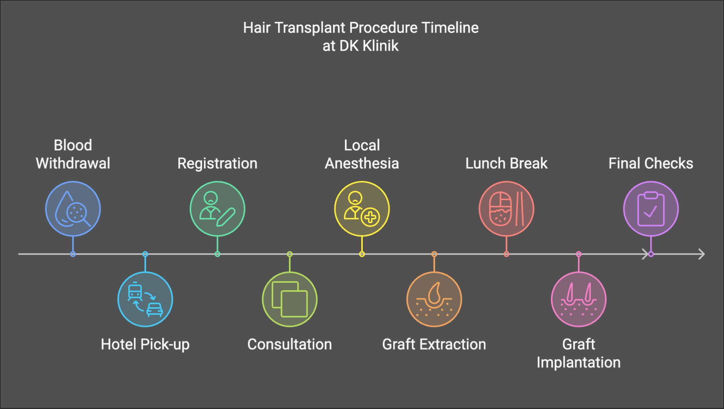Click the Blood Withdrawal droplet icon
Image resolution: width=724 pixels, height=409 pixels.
pyautogui.click(x=73, y=209)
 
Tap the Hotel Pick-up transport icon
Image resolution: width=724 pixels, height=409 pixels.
pyautogui.click(x=145, y=299)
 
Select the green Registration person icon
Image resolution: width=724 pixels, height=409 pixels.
pyautogui.click(x=217, y=209)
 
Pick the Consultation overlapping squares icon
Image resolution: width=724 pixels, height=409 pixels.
pyautogui.click(x=290, y=299)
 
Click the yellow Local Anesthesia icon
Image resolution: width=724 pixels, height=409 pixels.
pyautogui.click(x=362, y=209)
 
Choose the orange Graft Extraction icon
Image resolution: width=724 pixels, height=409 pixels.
pyautogui.click(x=434, y=299)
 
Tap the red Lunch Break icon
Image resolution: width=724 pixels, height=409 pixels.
pyautogui.click(x=506, y=209)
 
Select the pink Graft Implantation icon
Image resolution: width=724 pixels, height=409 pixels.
pyautogui.click(x=579, y=299)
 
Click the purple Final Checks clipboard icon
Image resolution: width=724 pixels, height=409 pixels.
pyautogui.click(x=651, y=209)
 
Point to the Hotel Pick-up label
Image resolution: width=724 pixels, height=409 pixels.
pyautogui.click(x=145, y=345)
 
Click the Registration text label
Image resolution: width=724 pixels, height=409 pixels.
pyautogui.click(x=217, y=164)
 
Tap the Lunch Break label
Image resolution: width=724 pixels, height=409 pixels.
pyautogui.click(x=506, y=164)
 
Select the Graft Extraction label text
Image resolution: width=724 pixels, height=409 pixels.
pyautogui.click(x=434, y=344)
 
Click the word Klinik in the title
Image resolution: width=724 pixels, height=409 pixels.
pyautogui.click(x=380, y=46)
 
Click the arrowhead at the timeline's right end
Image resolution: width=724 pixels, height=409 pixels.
pyautogui.click(x=701, y=254)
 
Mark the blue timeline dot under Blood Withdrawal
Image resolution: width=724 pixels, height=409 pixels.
pyautogui.click(x=73, y=254)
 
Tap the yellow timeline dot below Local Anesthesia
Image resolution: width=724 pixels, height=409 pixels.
pyautogui.click(x=362, y=254)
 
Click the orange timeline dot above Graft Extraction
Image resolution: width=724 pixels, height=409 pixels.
pyautogui.click(x=434, y=254)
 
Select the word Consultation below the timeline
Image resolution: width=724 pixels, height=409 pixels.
pyautogui.click(x=290, y=344)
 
